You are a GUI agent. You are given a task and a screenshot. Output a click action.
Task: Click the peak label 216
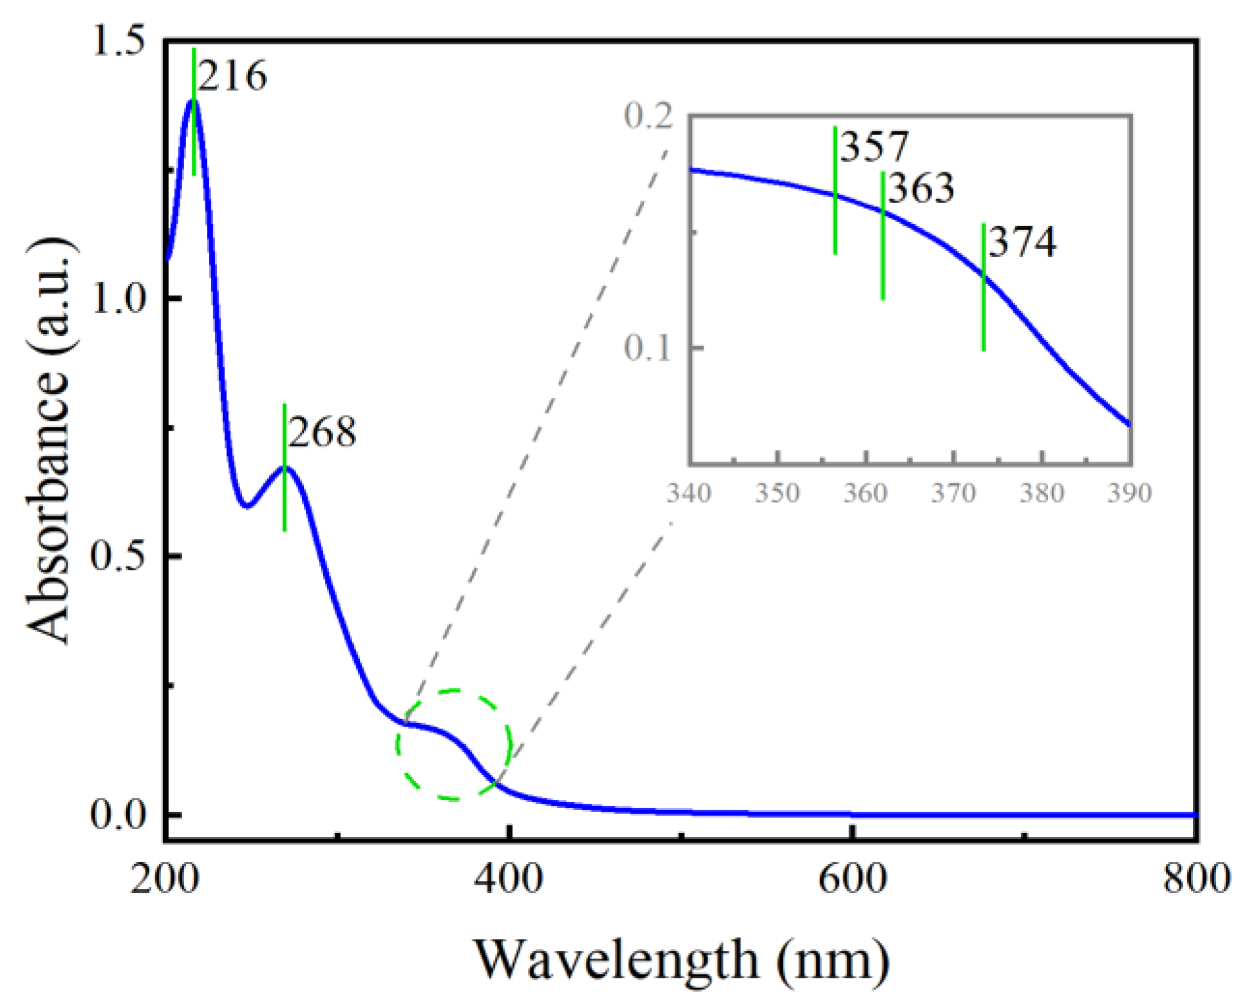tap(232, 76)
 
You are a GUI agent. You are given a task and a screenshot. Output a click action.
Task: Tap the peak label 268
tap(322, 432)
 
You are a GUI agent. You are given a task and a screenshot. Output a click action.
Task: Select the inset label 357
tap(874, 146)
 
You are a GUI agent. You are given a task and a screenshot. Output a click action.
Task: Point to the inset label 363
tap(921, 188)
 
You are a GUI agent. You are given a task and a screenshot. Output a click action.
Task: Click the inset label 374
tap(1022, 242)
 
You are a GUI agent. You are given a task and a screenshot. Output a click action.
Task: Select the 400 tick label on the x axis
tap(508, 879)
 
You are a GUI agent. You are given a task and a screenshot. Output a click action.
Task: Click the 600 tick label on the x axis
tap(852, 879)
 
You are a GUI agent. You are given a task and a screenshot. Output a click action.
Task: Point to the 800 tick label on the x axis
tap(1196, 879)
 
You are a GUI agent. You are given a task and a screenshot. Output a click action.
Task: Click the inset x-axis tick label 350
tap(777, 493)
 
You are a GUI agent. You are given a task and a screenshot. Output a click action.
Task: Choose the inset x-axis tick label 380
tap(1041, 493)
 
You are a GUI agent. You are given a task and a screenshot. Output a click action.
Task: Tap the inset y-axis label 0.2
tap(648, 116)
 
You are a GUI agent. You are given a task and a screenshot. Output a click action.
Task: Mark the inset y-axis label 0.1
tap(648, 348)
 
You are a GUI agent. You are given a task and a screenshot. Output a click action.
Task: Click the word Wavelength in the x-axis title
tap(616, 959)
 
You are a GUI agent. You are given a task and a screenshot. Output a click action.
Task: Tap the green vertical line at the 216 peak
tap(194, 148)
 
